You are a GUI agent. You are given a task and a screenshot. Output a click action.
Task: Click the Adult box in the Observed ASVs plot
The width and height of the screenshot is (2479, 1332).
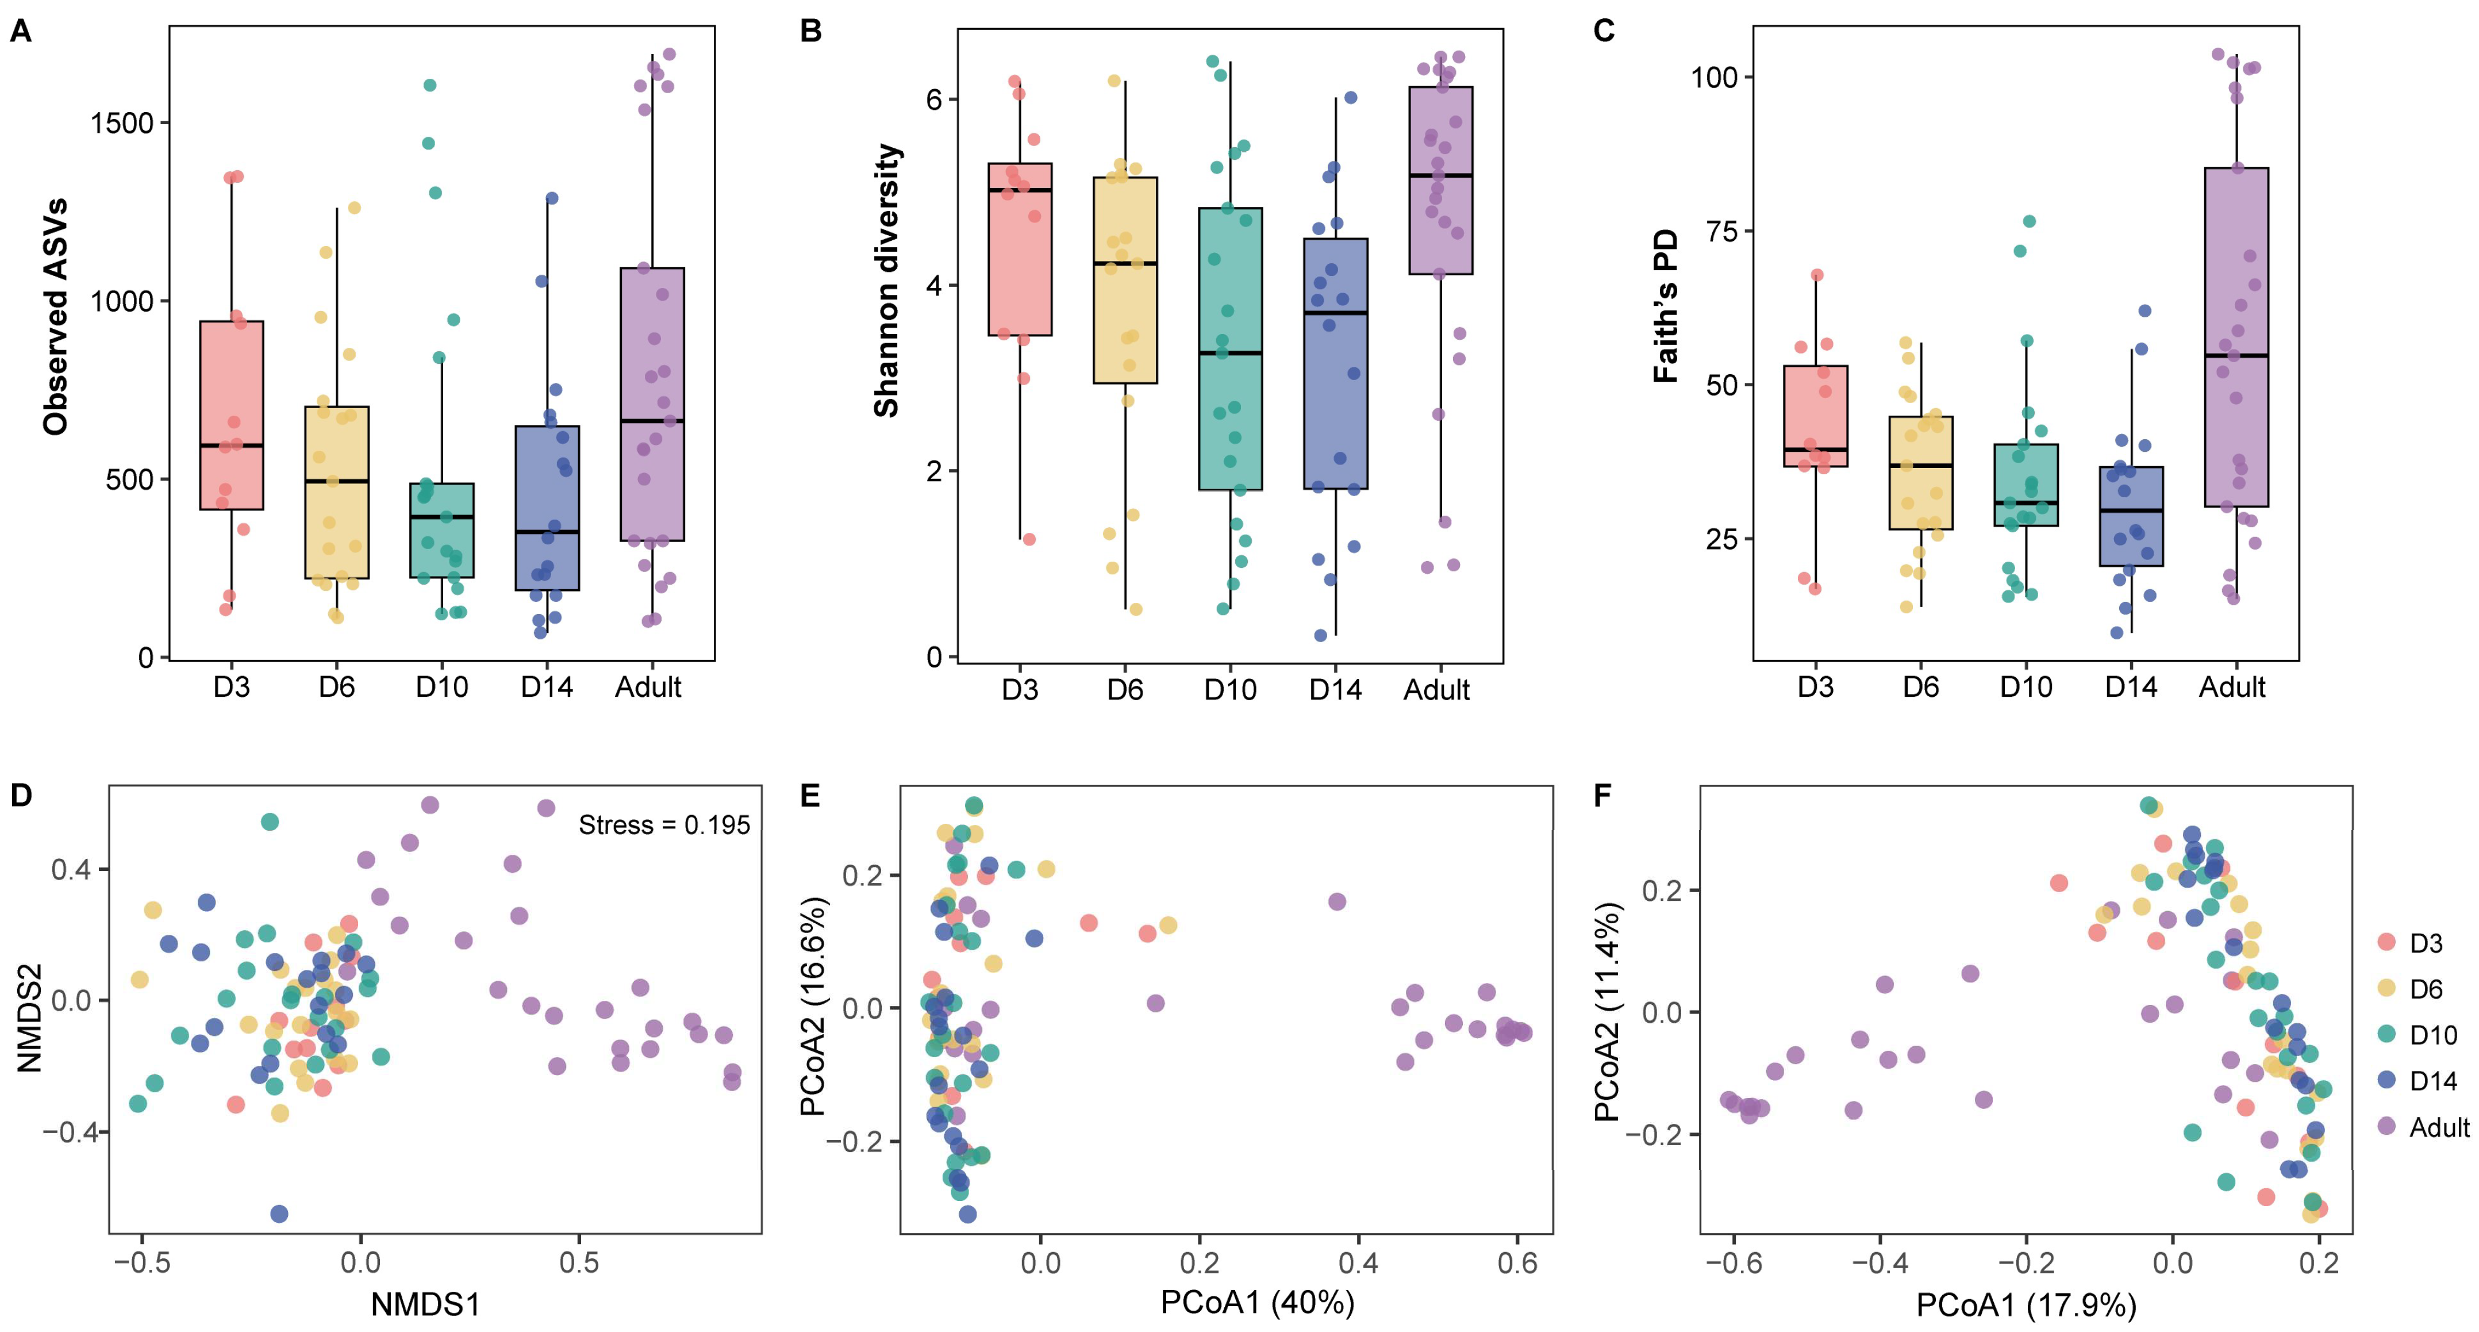(652, 404)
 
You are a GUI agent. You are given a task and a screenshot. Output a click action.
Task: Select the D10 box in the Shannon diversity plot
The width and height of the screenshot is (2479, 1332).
(1230, 348)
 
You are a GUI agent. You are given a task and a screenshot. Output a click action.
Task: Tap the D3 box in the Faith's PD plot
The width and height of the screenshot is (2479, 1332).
(1815, 416)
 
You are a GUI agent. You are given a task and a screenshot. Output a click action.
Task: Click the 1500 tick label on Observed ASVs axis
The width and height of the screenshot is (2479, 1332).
(122, 123)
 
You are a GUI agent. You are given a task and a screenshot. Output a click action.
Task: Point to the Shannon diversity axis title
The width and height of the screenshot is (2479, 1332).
(885, 281)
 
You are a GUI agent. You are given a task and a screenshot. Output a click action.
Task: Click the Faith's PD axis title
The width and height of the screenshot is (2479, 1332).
(1665, 306)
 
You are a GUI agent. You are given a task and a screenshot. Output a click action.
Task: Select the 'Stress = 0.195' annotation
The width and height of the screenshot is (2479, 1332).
(664, 825)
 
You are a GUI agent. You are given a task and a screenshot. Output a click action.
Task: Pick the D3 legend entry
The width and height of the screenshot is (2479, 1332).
(2425, 943)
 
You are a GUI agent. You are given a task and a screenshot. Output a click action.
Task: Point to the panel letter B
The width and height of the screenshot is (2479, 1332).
(810, 32)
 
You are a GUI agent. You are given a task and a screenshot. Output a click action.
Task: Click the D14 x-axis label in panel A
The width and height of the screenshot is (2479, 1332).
(547, 687)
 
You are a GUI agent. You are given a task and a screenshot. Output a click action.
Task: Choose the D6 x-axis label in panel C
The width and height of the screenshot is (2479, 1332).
(1920, 687)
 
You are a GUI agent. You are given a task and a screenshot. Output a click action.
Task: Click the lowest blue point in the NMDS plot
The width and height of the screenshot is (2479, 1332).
(279, 1214)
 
